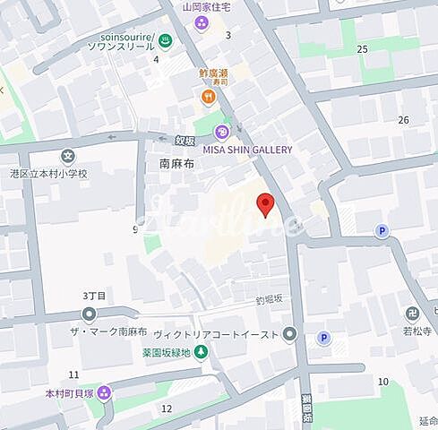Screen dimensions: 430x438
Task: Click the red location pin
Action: click(x=265, y=205)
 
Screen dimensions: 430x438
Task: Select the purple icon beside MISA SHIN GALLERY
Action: click(x=220, y=133)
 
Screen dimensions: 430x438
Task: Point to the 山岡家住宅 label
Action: click(x=206, y=6)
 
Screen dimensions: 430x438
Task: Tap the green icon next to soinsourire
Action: click(x=163, y=39)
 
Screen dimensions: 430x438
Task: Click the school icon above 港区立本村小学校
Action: click(x=69, y=156)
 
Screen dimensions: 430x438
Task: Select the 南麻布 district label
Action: click(x=176, y=164)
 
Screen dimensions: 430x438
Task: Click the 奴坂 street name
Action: click(x=185, y=139)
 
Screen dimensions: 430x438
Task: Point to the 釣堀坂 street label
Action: click(x=268, y=298)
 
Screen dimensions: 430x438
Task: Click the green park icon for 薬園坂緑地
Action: click(x=201, y=352)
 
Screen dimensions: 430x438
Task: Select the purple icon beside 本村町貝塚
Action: click(x=105, y=391)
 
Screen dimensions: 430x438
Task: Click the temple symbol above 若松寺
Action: click(x=412, y=314)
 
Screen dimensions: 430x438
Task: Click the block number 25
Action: click(x=363, y=48)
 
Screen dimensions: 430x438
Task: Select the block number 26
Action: click(x=403, y=119)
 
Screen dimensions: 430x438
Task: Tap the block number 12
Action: click(x=166, y=408)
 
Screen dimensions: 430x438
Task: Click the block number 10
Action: click(x=382, y=382)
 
